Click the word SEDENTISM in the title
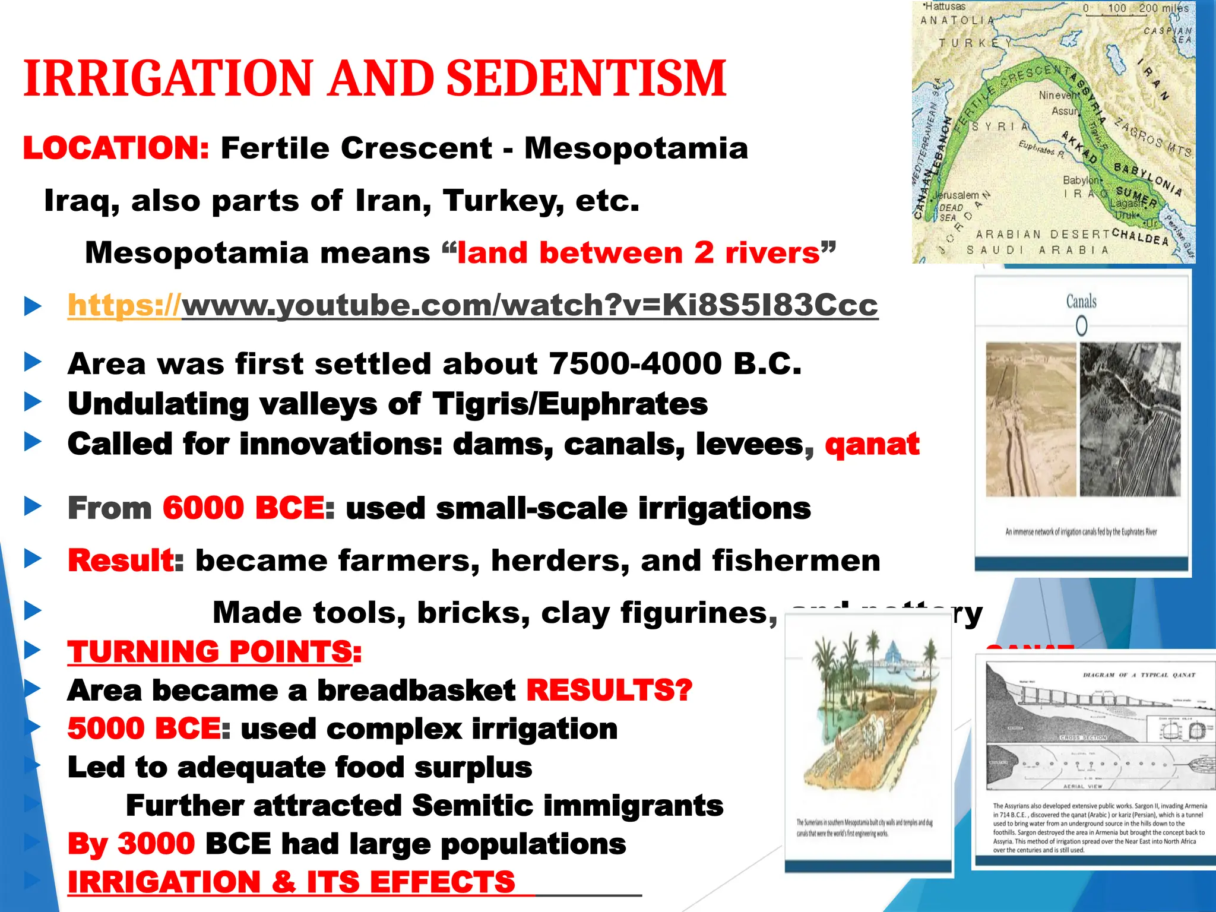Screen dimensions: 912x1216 coord(585,78)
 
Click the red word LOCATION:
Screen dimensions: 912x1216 coord(116,148)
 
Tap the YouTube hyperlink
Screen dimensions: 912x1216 coord(473,305)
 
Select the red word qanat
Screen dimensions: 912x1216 coord(872,444)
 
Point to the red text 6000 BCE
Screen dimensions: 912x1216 coord(243,508)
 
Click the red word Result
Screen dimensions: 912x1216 coord(121,560)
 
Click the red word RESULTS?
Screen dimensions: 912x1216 coord(609,690)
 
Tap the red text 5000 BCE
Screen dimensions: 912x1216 coord(144,729)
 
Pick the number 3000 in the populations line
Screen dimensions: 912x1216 coord(156,844)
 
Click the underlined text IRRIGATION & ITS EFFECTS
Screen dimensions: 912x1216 coord(291,882)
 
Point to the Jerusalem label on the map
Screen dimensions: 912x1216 coord(957,195)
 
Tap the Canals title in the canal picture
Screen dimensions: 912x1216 coord(1081,302)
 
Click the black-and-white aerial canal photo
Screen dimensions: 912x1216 coord(1129,419)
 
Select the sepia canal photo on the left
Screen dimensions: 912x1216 coord(1031,419)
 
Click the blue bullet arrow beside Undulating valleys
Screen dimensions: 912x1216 coord(33,403)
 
